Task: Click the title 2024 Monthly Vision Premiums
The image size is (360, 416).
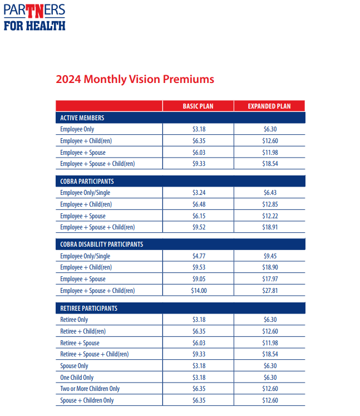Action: click(135, 79)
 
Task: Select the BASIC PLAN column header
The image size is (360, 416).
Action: click(198, 106)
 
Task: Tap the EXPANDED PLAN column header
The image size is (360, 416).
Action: click(269, 106)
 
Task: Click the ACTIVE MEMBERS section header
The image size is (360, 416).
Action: click(82, 118)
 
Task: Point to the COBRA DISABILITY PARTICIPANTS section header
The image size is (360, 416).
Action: click(101, 244)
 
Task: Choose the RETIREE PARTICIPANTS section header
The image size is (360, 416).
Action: click(89, 309)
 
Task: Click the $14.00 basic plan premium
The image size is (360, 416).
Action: click(199, 291)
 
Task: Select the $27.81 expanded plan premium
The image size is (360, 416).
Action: click(270, 291)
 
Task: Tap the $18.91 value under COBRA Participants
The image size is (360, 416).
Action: click(270, 227)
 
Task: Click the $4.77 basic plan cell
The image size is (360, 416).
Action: click(199, 256)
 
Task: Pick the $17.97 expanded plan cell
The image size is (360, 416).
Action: click(270, 279)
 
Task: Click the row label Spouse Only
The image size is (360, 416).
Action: click(74, 366)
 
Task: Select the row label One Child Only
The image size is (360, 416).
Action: click(77, 378)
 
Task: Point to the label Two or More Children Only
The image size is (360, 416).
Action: click(90, 389)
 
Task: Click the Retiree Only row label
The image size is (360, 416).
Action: click(74, 320)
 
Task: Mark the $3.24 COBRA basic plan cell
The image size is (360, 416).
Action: click(199, 193)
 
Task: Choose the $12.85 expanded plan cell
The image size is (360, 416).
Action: click(270, 204)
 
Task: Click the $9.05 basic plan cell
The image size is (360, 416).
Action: click(199, 279)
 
